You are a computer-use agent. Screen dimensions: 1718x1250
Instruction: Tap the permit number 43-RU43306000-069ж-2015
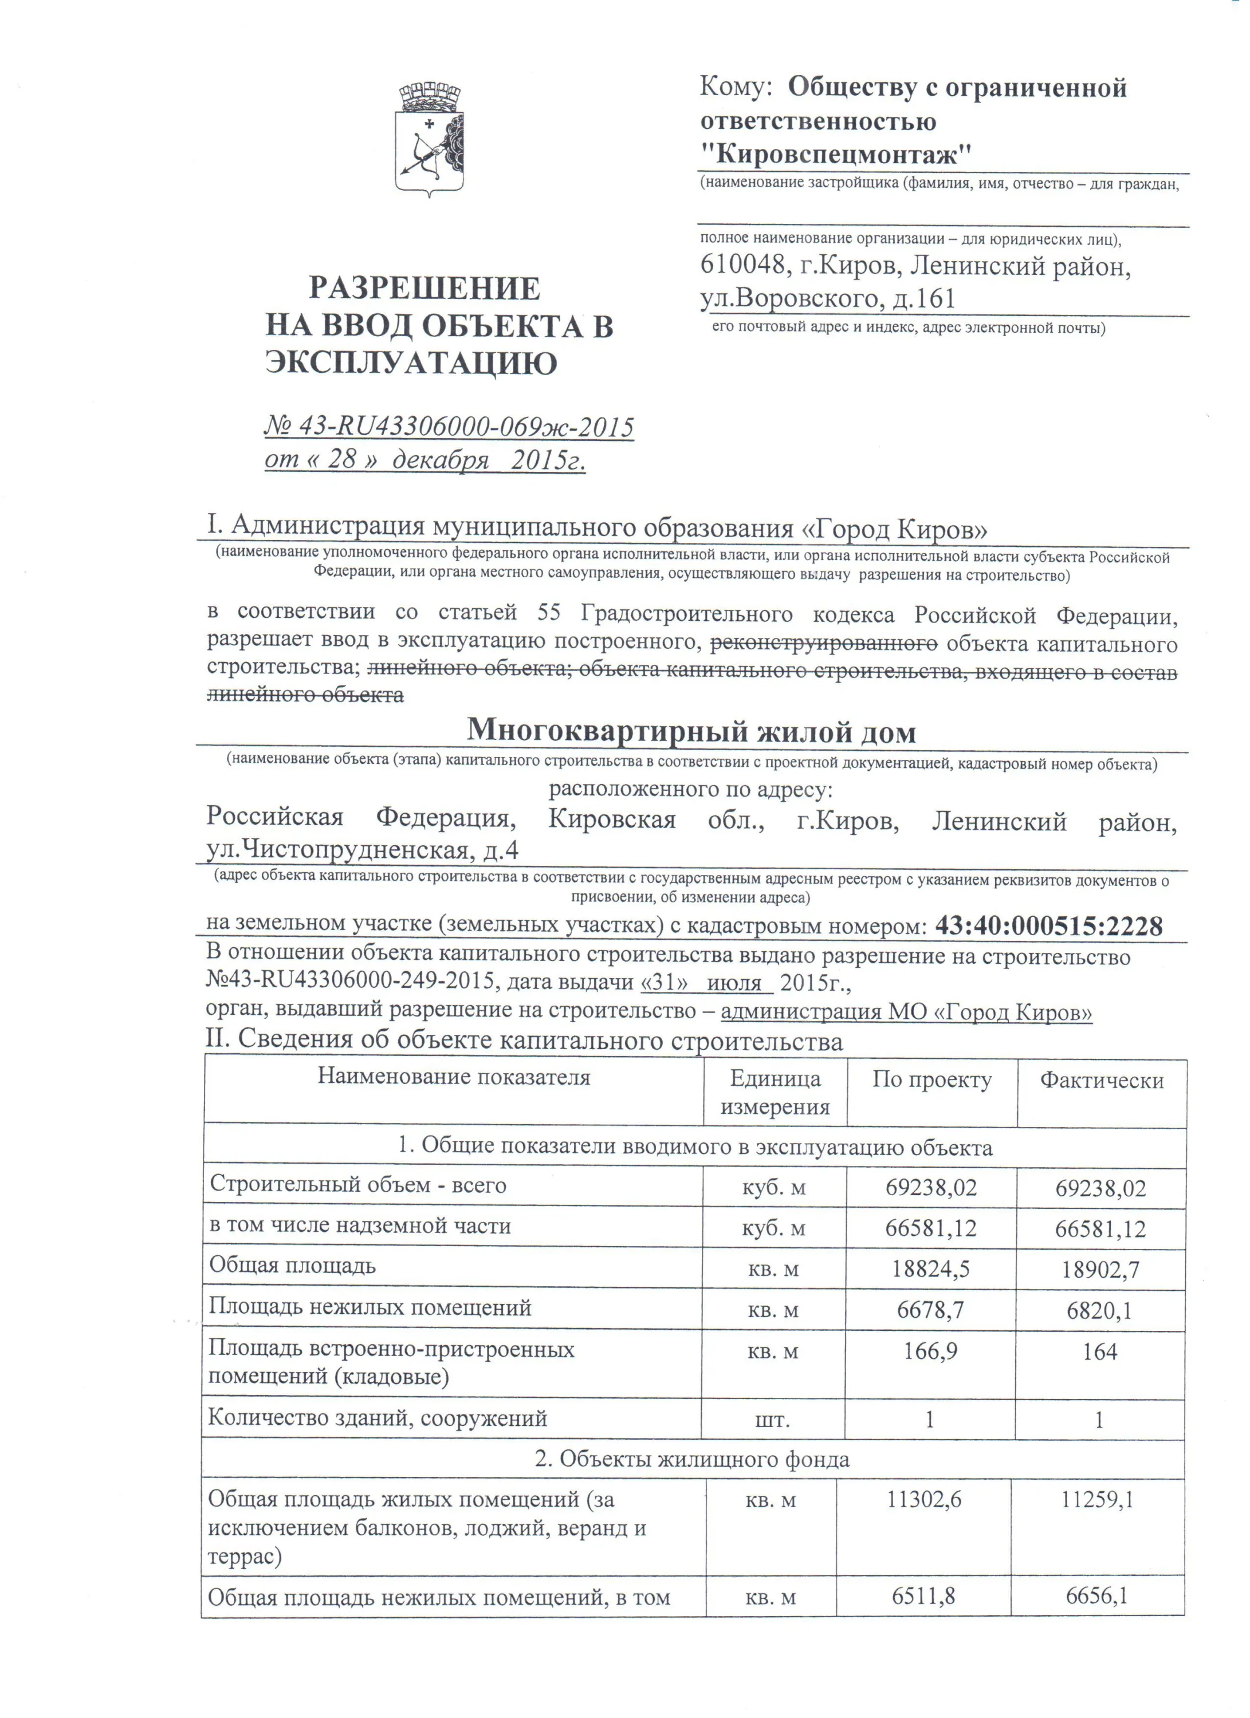tap(466, 427)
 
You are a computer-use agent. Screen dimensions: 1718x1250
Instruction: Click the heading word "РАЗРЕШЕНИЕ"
tap(424, 289)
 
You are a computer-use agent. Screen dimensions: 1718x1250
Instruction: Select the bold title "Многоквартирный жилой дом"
tap(691, 731)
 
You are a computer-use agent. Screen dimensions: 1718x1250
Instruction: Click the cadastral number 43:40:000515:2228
tap(1048, 925)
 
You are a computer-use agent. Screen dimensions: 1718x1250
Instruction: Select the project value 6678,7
tap(930, 1310)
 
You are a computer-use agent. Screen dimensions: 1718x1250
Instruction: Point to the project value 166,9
tap(930, 1350)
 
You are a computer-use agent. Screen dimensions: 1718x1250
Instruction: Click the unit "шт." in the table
tap(772, 1420)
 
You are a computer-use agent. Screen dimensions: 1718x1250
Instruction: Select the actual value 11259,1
tap(1097, 1498)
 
